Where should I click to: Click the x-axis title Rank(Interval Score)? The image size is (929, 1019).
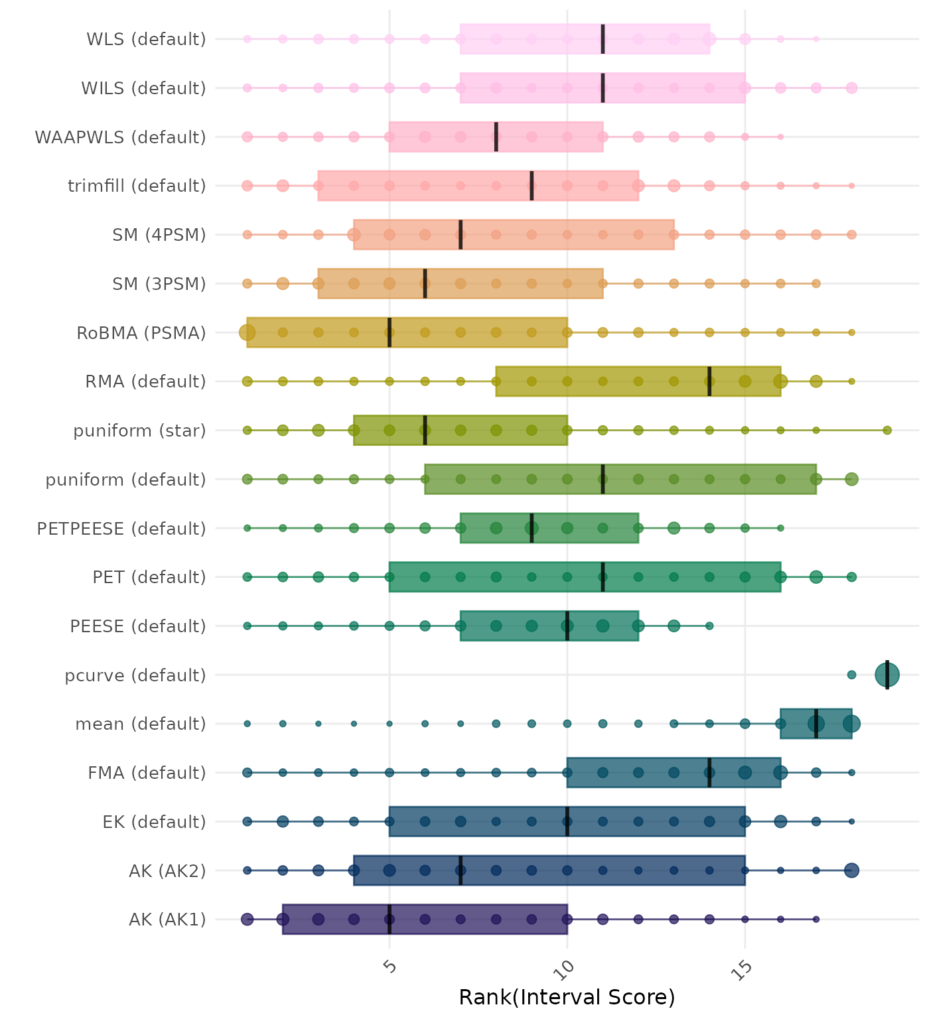567,997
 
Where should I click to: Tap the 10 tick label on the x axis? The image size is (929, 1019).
567,969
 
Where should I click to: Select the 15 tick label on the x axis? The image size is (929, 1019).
744,970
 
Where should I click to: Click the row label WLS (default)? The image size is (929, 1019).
147,39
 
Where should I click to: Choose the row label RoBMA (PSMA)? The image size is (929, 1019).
141,333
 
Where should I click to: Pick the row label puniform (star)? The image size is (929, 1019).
140,431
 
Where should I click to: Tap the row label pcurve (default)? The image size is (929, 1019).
135,675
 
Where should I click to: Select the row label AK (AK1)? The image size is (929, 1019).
168,919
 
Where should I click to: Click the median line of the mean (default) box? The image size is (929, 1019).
816,724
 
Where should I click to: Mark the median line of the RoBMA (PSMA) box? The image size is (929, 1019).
390,332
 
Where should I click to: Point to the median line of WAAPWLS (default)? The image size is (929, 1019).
496,137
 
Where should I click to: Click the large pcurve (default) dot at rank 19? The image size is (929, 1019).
887,675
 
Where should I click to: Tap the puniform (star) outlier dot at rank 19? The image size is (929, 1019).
887,431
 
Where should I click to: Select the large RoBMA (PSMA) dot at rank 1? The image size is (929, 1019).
248,332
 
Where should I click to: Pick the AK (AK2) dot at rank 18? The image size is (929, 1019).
852,870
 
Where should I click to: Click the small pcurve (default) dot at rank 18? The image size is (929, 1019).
852,675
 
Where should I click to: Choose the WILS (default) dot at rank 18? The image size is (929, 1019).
852,88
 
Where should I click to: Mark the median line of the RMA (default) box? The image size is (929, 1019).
709,381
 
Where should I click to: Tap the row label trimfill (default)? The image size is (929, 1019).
137,186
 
